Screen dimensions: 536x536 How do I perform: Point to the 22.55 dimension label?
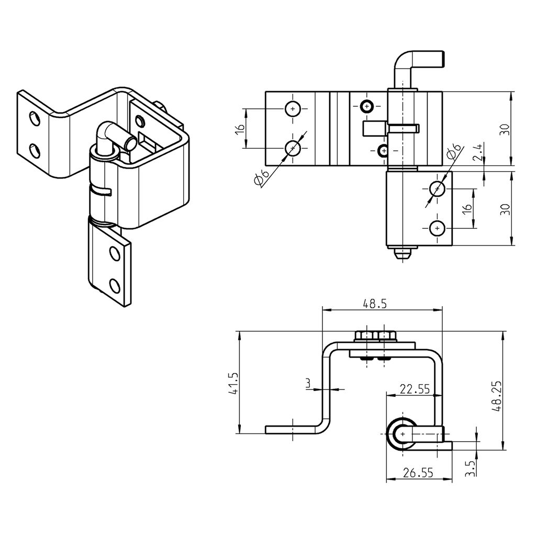[415, 388]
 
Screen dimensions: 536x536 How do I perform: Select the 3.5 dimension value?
[470, 467]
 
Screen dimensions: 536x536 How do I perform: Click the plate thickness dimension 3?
[308, 384]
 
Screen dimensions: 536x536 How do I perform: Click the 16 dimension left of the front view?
[239, 129]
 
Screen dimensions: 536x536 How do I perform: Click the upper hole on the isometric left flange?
[35, 118]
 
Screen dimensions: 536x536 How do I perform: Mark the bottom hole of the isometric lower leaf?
[115, 285]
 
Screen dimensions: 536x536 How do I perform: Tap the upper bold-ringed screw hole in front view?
[366, 107]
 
